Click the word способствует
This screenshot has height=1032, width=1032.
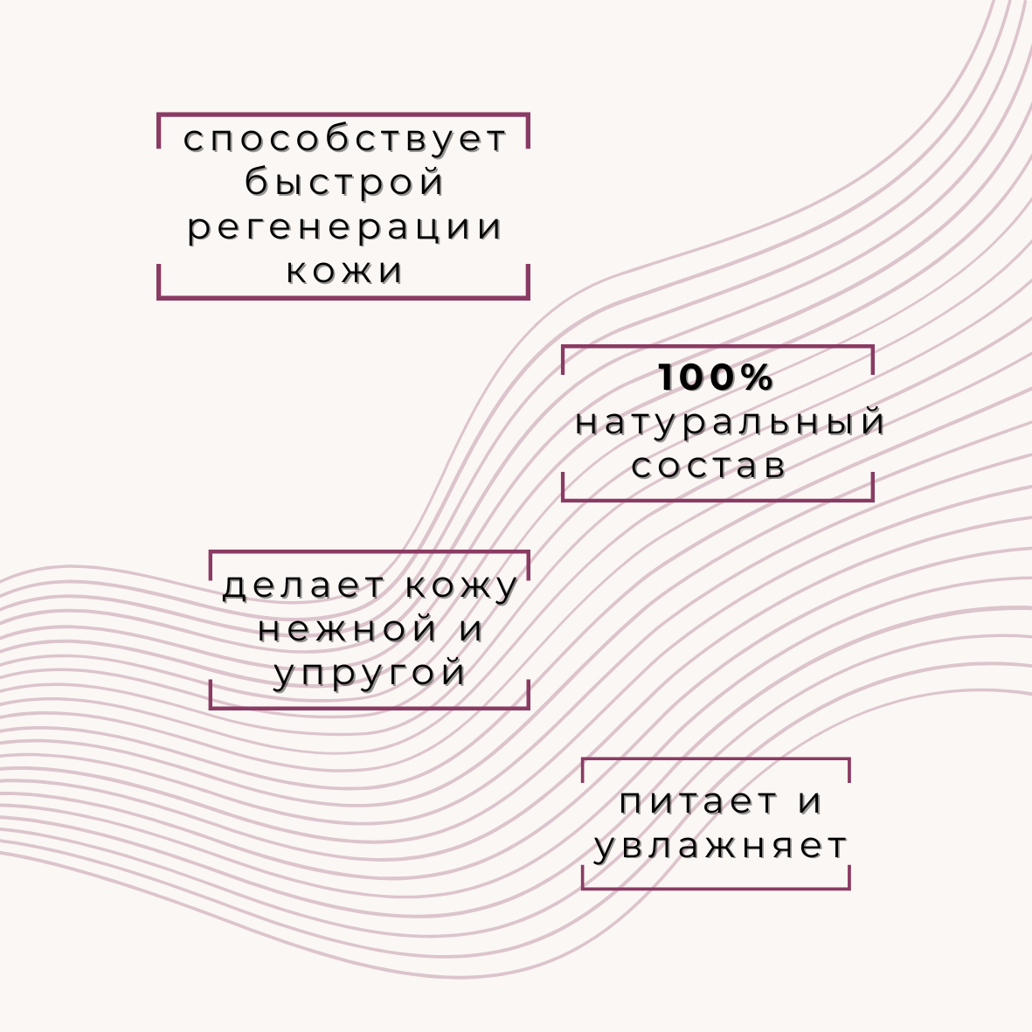coord(345,140)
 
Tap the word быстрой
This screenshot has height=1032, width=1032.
coord(345,184)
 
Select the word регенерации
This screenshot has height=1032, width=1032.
coord(345,228)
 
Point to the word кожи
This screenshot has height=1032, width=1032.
coord(345,271)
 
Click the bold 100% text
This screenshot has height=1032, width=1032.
coord(717,377)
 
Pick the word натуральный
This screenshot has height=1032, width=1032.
coord(731,423)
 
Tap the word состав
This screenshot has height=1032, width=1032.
coord(709,466)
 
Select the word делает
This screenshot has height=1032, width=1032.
coord(304,586)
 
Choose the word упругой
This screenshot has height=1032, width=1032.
coord(370,675)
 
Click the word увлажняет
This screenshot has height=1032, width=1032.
coord(721,847)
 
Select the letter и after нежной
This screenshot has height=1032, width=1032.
coord(471,630)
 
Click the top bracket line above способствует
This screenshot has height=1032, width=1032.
coord(343,114)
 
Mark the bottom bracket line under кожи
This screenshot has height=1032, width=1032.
coord(343,298)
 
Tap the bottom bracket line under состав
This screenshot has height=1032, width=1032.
coord(717,500)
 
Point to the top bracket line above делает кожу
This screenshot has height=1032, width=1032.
coord(370,552)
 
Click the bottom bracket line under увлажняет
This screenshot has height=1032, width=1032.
coord(716,888)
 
